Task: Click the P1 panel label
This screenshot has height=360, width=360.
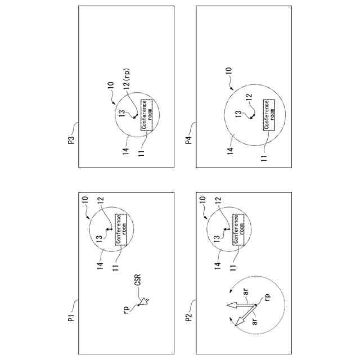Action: click(72, 319)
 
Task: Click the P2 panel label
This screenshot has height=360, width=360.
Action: click(189, 319)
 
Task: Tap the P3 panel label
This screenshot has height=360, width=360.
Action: click(72, 139)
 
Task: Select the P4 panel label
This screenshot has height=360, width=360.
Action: click(189, 139)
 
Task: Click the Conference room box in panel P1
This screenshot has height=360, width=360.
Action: click(121, 229)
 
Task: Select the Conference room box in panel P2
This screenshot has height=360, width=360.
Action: click(238, 229)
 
